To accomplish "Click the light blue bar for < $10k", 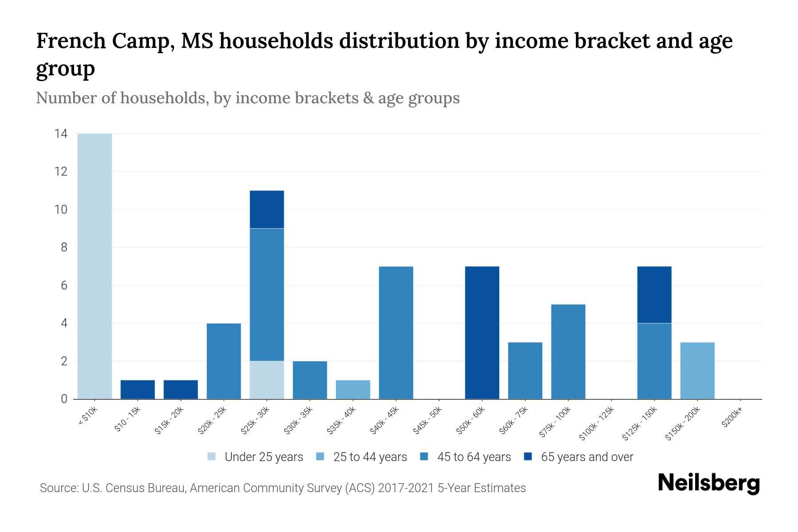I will point(94,266).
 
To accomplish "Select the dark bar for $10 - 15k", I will point(137,390).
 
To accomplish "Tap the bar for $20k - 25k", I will point(224,361).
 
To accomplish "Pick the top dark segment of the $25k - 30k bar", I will point(267,209).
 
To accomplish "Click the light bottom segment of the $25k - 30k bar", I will point(267,380).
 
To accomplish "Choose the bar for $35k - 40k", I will point(353,390).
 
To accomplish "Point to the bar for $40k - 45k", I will point(396,332).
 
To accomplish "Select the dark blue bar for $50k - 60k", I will point(482,332).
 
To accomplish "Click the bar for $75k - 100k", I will point(568,352).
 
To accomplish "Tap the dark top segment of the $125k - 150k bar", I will point(654,295).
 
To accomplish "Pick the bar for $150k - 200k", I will point(697,371).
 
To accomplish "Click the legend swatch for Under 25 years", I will point(212,457).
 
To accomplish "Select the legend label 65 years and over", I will point(587,457).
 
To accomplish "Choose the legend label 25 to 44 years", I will point(370,457).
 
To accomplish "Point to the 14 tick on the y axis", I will point(61,133).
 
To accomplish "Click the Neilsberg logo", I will point(709,483).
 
